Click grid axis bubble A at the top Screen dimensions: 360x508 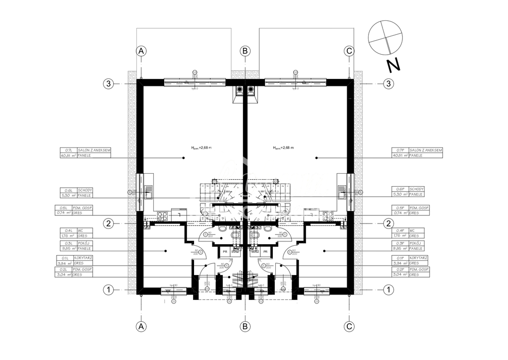pyautogui.click(x=141, y=51)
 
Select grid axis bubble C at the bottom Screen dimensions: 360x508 pyautogui.click(x=349, y=326)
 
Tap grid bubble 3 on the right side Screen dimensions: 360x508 pyautogui.click(x=389, y=83)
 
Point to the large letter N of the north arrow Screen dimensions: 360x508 pyautogui.click(x=394, y=65)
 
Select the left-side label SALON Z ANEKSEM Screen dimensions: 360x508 pyautogui.click(x=93, y=150)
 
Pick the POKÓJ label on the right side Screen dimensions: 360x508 pyautogui.click(x=416, y=243)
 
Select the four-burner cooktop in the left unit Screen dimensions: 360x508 pyautogui.click(x=162, y=216)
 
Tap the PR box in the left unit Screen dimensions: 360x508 pyautogui.click(x=225, y=252)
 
